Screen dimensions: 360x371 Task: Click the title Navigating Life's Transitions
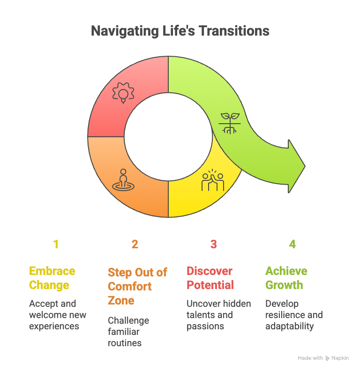[x=180, y=31]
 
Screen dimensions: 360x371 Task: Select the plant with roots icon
[x=230, y=123]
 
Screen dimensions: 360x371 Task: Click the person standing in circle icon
[x=123, y=180]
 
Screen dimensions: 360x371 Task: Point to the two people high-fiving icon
[x=213, y=180]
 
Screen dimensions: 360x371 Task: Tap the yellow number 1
[x=56, y=244]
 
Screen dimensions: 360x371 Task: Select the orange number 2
[x=135, y=244]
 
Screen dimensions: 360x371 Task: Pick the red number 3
[x=214, y=244]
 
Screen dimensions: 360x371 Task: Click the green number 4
[x=292, y=244]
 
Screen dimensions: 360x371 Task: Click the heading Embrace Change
[x=52, y=278]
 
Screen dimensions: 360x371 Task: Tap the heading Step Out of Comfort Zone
[x=137, y=286]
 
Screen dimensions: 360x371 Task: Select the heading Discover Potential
[x=210, y=278]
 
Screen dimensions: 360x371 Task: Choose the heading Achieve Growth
[x=286, y=278]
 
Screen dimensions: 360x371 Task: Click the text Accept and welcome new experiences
[x=58, y=315]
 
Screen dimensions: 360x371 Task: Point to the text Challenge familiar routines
[x=128, y=332]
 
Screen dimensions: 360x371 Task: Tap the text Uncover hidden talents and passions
[x=218, y=315]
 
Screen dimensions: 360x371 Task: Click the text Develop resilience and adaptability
[x=294, y=315]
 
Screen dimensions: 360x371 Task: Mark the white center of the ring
[x=168, y=137]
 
